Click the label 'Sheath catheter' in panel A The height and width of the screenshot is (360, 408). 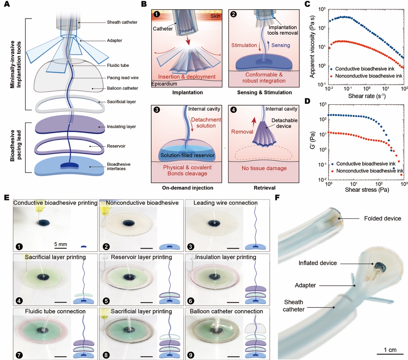coord(122,22)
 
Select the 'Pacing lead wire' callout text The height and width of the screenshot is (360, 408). coord(123,78)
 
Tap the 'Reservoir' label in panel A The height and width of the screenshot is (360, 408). coord(116,146)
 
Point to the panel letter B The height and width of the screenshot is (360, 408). coord(144,4)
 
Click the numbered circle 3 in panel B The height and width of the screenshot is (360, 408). coord(157,110)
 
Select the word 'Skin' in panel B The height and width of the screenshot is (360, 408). coord(215,16)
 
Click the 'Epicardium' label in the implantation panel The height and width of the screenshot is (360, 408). coord(164,84)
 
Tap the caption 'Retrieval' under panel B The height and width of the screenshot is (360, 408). coord(264,188)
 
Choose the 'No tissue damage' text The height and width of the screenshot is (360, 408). coord(264,168)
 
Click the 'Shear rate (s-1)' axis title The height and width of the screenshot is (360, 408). coord(367,96)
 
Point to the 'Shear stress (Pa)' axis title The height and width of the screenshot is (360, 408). coord(367,190)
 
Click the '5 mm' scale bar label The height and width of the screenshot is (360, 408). coord(60,244)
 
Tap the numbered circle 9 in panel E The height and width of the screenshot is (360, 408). coord(191,355)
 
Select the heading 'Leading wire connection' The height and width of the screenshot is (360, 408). coord(225,203)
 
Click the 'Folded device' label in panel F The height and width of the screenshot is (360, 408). coord(382,218)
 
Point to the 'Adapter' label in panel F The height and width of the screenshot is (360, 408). coord(305,285)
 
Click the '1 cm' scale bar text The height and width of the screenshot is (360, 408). coord(390,350)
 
